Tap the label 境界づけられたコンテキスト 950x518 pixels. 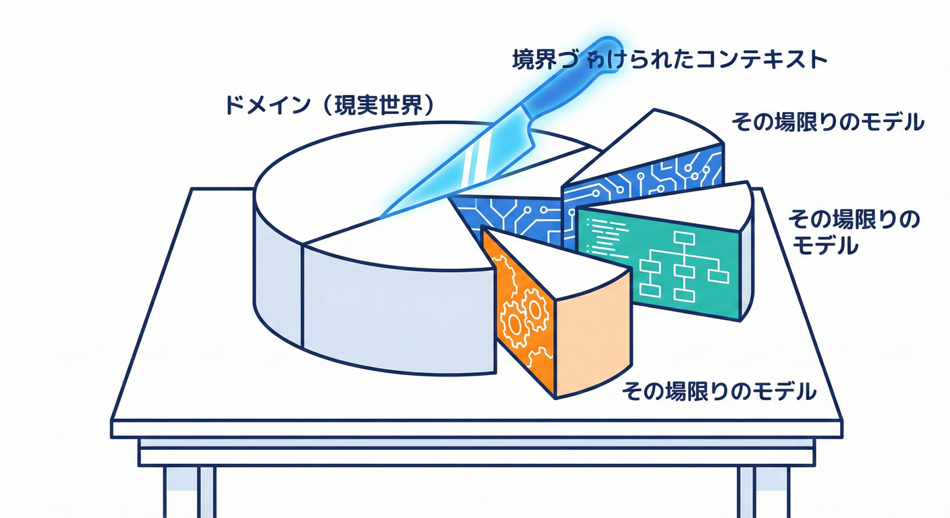click(x=668, y=60)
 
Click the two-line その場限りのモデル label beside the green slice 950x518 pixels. click(x=854, y=231)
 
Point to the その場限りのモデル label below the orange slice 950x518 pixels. click(x=719, y=391)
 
